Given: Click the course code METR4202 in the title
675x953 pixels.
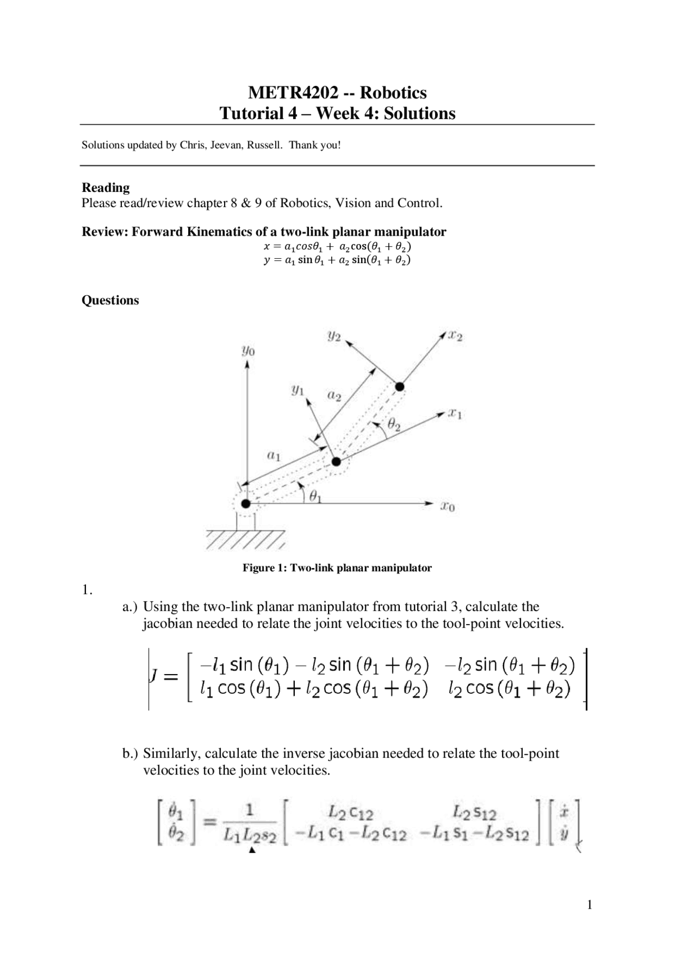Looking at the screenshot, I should pos(293,93).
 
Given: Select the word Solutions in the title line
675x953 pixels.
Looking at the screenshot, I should pos(420,113).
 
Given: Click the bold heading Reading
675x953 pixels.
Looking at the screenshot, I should pos(105,188).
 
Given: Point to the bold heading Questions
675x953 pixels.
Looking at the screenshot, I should pos(110,300).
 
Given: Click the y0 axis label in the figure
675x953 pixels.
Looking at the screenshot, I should pos(248,351).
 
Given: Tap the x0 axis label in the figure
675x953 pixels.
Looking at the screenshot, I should pos(448,507).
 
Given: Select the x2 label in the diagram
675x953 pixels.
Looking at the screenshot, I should pos(455,336).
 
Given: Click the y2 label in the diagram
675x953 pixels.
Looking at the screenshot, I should pos(334,336).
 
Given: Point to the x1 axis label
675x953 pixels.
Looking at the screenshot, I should pos(455,414).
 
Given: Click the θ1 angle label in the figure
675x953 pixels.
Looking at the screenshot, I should pos(315,496).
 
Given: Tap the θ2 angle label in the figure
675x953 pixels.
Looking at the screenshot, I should pos(394,423).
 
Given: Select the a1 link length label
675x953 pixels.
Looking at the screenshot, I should pos(273,455).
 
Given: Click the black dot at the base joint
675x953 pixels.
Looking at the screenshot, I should pos(245,503).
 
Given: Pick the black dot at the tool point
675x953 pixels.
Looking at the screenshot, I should pos(400,387).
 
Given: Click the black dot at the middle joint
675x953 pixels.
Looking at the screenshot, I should pos(336,462).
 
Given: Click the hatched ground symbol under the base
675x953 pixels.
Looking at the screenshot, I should pos(245,540).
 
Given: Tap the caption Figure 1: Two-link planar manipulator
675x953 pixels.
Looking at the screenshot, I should pos(337,568).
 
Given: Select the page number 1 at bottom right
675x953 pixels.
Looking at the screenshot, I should pos(590,905).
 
